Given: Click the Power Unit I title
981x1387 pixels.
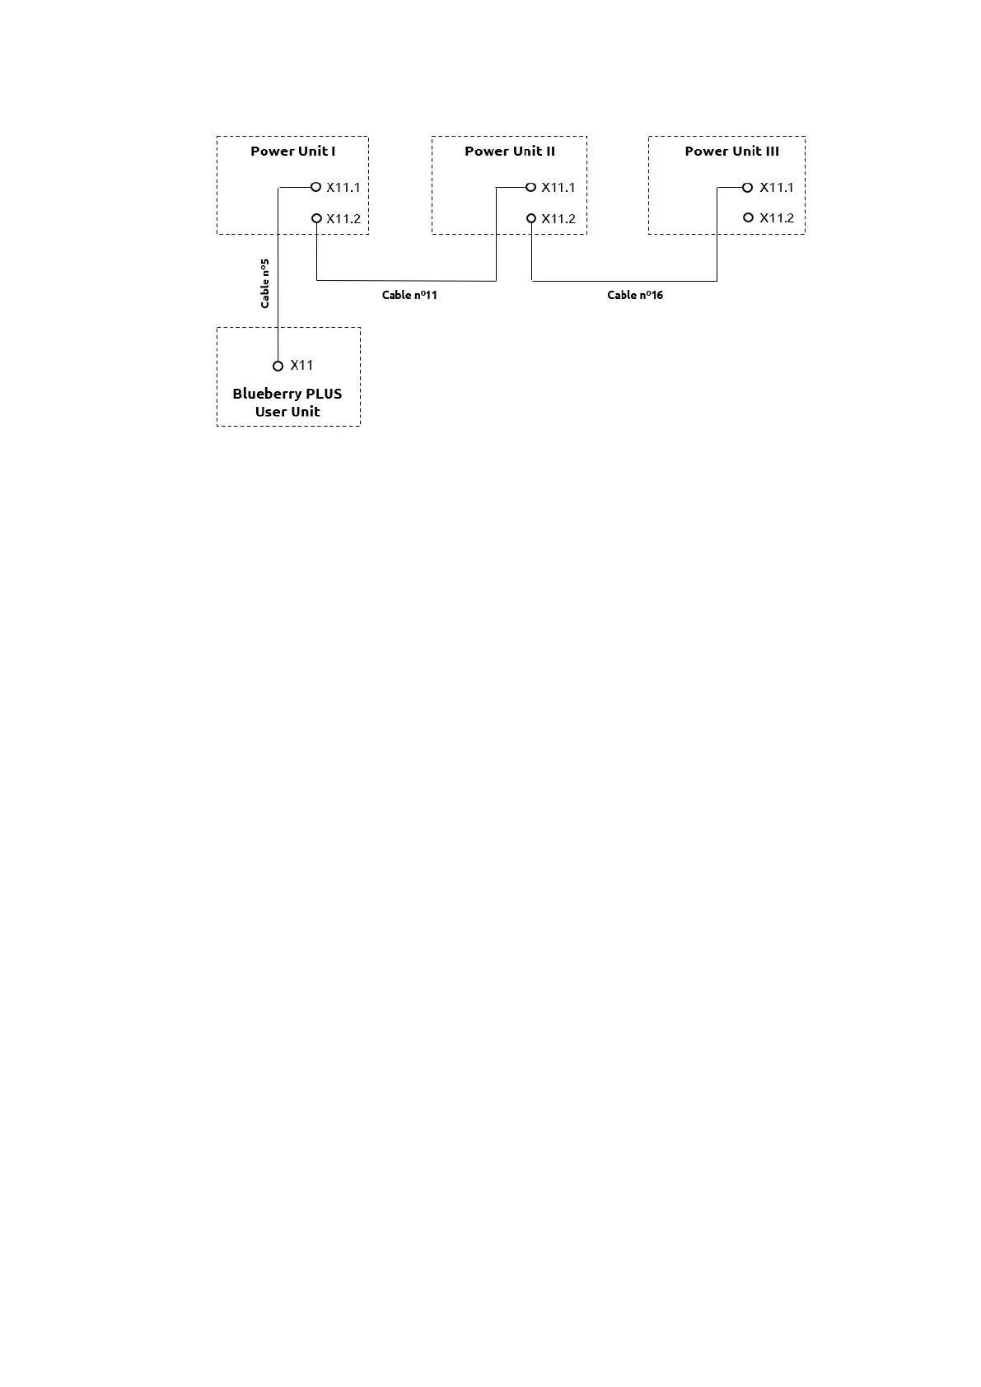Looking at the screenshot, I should click(x=292, y=151).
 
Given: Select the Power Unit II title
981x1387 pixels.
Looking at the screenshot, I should click(x=509, y=151).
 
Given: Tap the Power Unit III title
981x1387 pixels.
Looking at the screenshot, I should click(x=731, y=151).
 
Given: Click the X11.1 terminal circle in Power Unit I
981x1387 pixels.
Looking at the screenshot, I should click(x=315, y=187).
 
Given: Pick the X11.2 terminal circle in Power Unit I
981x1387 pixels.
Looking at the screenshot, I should click(x=316, y=218).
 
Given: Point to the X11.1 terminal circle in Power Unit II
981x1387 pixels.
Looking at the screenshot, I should click(x=531, y=187).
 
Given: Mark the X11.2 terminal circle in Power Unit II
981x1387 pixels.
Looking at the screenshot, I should click(x=532, y=218).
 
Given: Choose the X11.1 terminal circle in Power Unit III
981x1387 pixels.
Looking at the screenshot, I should click(x=748, y=187).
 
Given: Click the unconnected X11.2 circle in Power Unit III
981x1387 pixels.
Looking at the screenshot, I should click(x=748, y=217).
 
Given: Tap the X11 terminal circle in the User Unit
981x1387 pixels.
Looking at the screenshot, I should click(x=278, y=366).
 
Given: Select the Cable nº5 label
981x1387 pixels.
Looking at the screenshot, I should click(x=264, y=283).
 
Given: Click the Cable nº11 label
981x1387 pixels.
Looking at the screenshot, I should click(x=409, y=295).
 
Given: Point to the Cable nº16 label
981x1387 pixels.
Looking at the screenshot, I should click(x=635, y=295).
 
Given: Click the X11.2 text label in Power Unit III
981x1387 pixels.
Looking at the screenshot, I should click(x=777, y=217).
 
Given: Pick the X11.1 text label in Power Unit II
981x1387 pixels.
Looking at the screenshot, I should click(x=558, y=187).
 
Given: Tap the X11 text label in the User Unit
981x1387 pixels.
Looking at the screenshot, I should click(x=301, y=365).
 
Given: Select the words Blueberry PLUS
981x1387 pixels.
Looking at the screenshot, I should click(x=287, y=394).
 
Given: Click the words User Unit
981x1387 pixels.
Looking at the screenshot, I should click(x=287, y=412).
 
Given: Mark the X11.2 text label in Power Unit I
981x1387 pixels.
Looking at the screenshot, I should click(x=343, y=218).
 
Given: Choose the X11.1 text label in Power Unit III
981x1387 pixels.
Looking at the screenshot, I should click(x=777, y=187).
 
